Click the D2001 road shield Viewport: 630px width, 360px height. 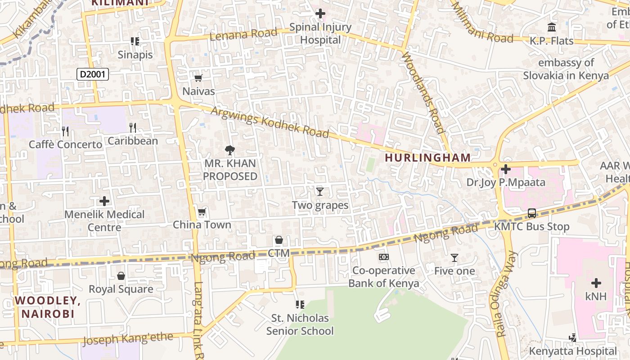tap(92, 74)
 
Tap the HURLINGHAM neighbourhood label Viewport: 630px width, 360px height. tap(427, 157)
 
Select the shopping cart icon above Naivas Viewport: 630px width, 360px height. tap(198, 78)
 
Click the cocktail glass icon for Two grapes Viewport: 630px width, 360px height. tap(320, 192)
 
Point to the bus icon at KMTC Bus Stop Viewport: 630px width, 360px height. tap(532, 213)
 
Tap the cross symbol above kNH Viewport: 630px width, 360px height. tap(596, 283)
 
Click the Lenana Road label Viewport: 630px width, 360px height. tap(243, 34)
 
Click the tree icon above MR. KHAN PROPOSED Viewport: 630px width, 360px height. tap(230, 150)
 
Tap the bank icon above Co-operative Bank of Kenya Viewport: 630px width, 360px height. tap(383, 257)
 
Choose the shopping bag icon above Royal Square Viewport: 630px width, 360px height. tap(121, 275)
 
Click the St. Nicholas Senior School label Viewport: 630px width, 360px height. tap(300, 324)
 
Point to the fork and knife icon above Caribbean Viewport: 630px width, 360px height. tap(133, 127)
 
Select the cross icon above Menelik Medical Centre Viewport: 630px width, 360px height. tap(104, 201)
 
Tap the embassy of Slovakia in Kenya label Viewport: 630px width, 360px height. tap(566, 69)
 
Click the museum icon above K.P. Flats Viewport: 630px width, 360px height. tap(551, 27)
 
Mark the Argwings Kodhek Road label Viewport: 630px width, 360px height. tap(270, 122)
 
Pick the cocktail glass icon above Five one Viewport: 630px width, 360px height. tap(454, 258)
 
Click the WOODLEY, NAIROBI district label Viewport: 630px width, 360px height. tap(48, 307)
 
